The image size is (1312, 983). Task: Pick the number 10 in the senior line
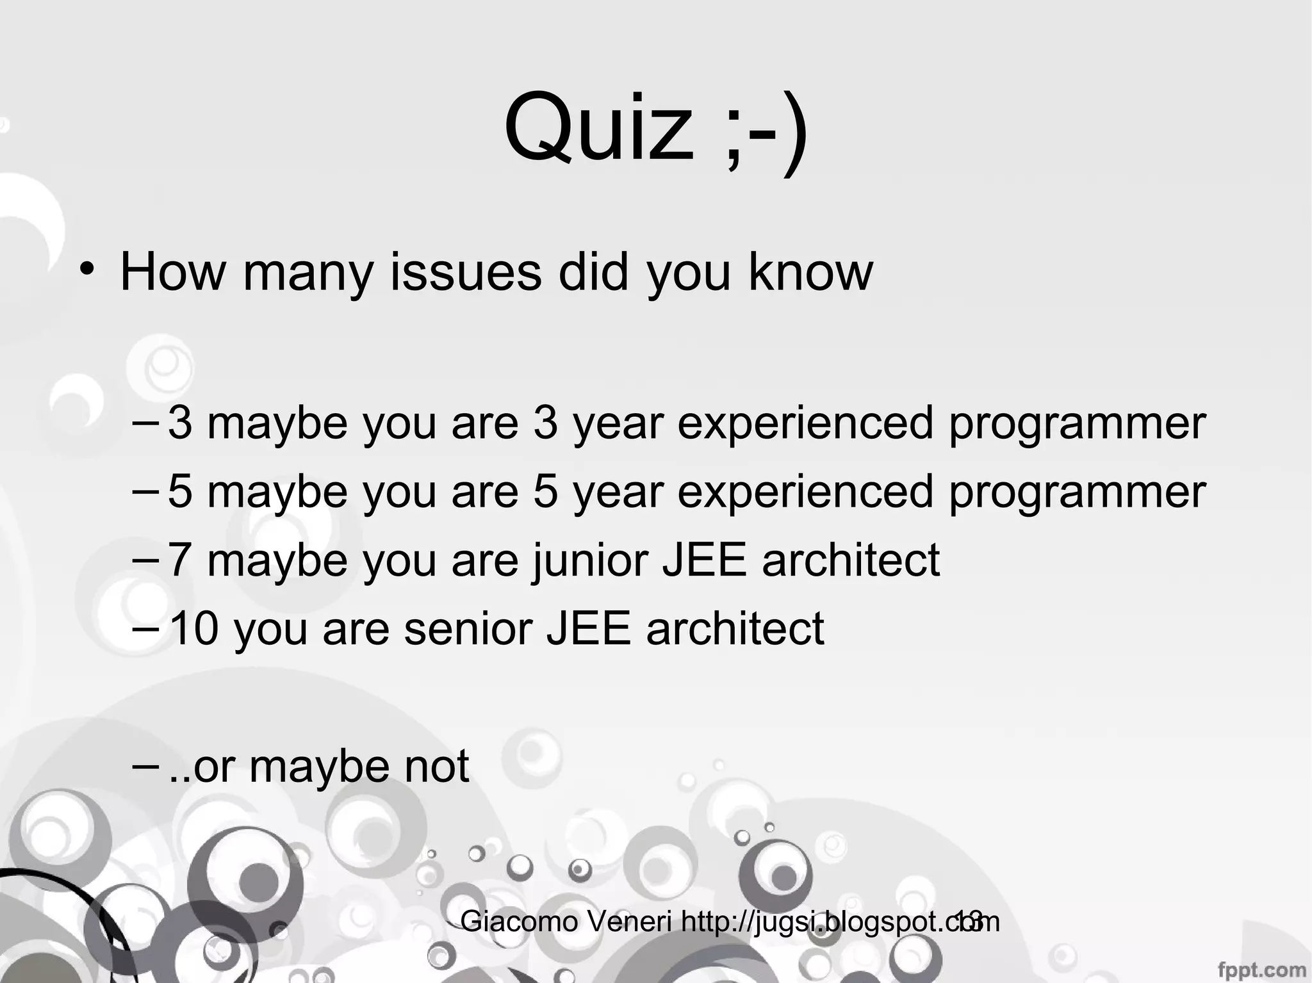click(x=194, y=628)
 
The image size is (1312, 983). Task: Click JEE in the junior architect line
click(x=704, y=560)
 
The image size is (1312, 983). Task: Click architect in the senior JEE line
click(x=735, y=628)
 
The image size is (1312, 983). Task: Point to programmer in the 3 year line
click(x=1077, y=424)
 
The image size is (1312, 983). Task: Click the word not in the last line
click(x=438, y=766)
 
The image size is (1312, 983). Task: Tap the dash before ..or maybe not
click(x=147, y=766)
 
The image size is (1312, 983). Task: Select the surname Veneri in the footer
click(x=630, y=922)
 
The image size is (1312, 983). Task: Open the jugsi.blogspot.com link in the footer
click(x=839, y=922)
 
